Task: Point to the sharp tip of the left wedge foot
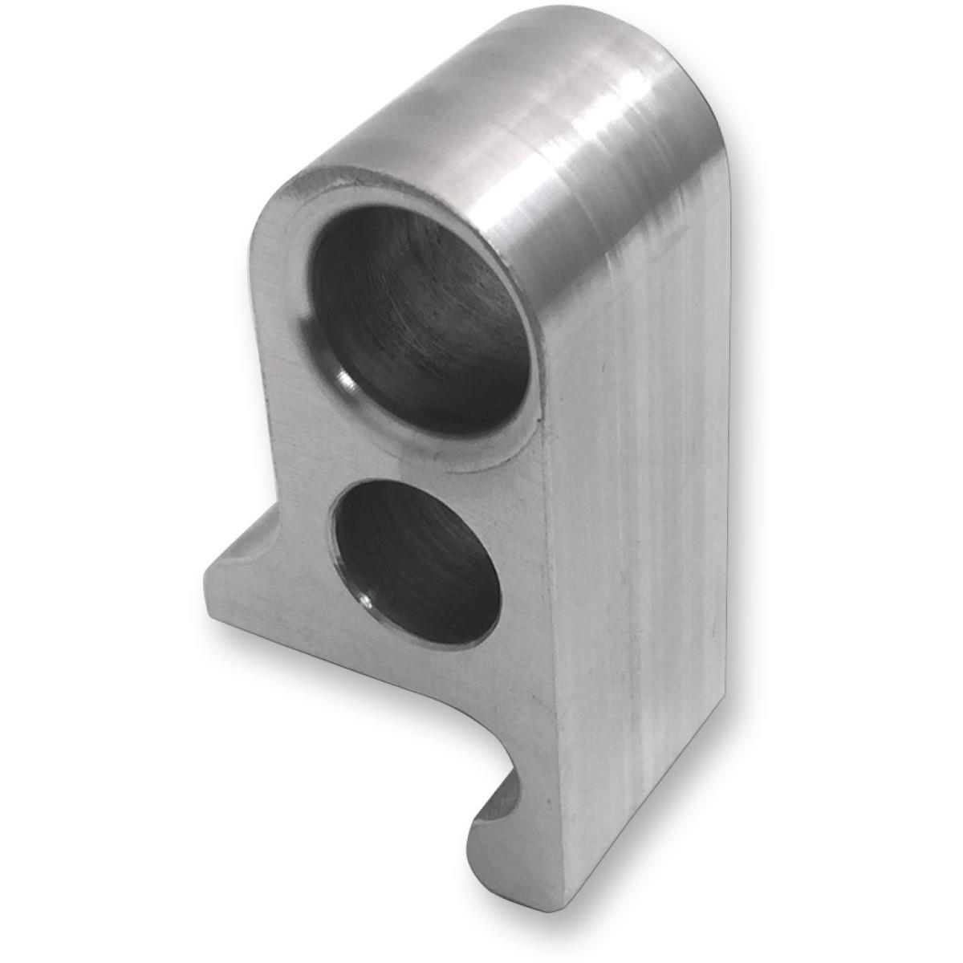coord(207,575)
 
